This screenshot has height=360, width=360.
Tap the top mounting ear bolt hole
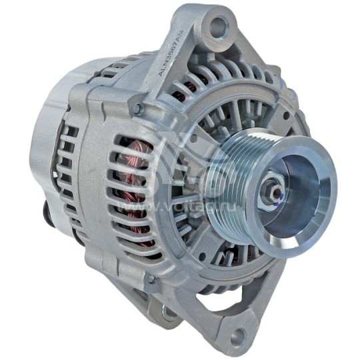[x=217, y=29]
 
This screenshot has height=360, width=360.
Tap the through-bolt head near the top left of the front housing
[x=137, y=108]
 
